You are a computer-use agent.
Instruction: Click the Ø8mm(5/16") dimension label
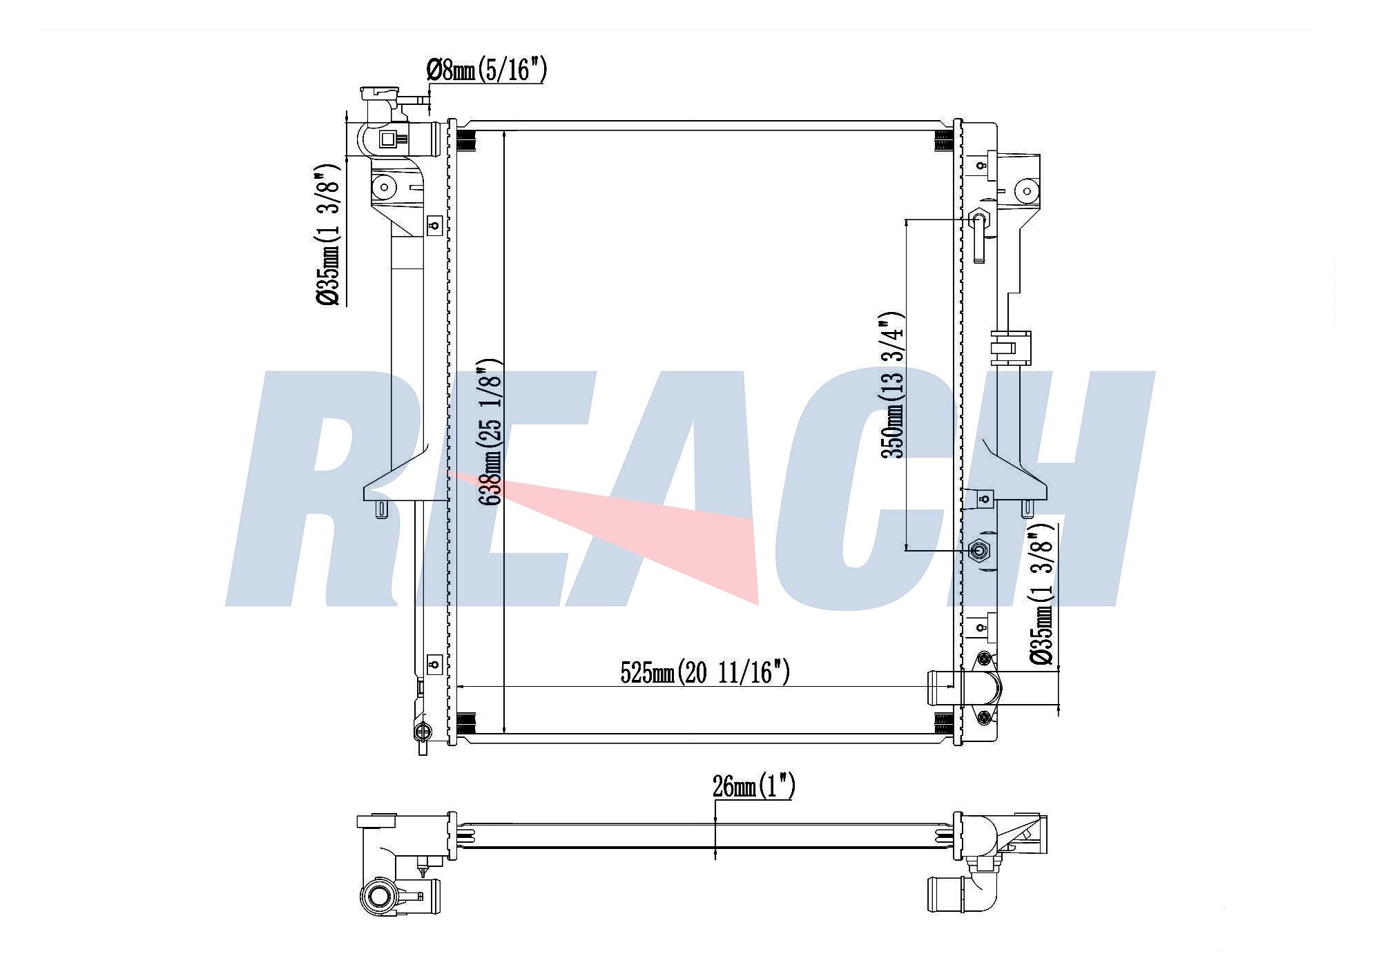[487, 70]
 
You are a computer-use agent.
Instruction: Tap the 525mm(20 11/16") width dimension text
[704, 672]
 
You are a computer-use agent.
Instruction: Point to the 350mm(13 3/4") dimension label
[891, 386]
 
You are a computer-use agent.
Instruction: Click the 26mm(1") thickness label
[753, 785]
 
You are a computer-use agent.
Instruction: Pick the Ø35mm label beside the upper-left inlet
[328, 235]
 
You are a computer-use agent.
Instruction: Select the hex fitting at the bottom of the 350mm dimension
[978, 550]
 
